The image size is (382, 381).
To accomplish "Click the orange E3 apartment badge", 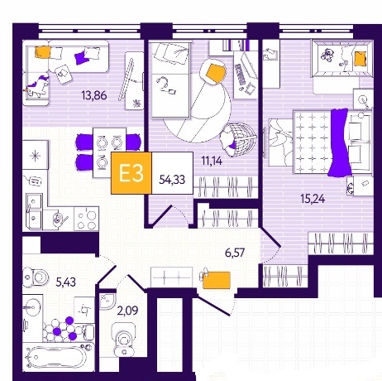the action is click(x=131, y=173).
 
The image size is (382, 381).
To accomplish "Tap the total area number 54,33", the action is click(x=172, y=180).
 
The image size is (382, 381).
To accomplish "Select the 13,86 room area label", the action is click(x=94, y=95).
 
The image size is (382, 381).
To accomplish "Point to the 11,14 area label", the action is click(x=212, y=161).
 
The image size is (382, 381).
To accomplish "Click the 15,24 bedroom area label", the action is click(x=313, y=199).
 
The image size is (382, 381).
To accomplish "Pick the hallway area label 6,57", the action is click(x=235, y=253).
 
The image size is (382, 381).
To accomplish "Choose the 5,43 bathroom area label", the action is click(x=65, y=282).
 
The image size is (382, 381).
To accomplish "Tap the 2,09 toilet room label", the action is click(x=127, y=311).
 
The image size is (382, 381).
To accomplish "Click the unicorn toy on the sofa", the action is click(x=37, y=85).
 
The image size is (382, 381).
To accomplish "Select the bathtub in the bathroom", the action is click(x=59, y=357).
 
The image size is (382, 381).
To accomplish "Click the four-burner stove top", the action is click(x=86, y=218).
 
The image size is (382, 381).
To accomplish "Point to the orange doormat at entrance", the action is click(x=217, y=280).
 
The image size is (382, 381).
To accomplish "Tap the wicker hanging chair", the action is click(x=239, y=139).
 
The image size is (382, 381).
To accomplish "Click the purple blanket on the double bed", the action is click(x=340, y=142).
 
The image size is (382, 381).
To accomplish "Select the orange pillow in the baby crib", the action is click(x=360, y=59).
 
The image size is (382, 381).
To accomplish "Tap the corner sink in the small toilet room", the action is click(x=106, y=300).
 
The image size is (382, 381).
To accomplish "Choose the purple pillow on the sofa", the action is click(x=82, y=57).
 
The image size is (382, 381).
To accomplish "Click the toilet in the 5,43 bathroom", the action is click(x=36, y=277).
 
